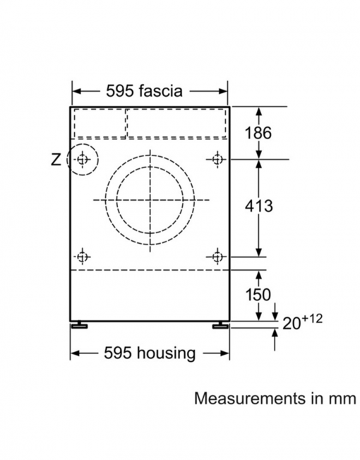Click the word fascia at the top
pos(161,90)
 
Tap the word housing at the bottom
pos(166,353)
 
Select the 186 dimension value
pos(258,133)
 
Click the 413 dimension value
pos(259,206)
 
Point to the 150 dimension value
pos(258,295)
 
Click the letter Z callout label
pos(56,160)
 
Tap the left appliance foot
pos(79,325)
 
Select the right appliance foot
pos(220,325)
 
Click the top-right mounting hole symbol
pos(217,160)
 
